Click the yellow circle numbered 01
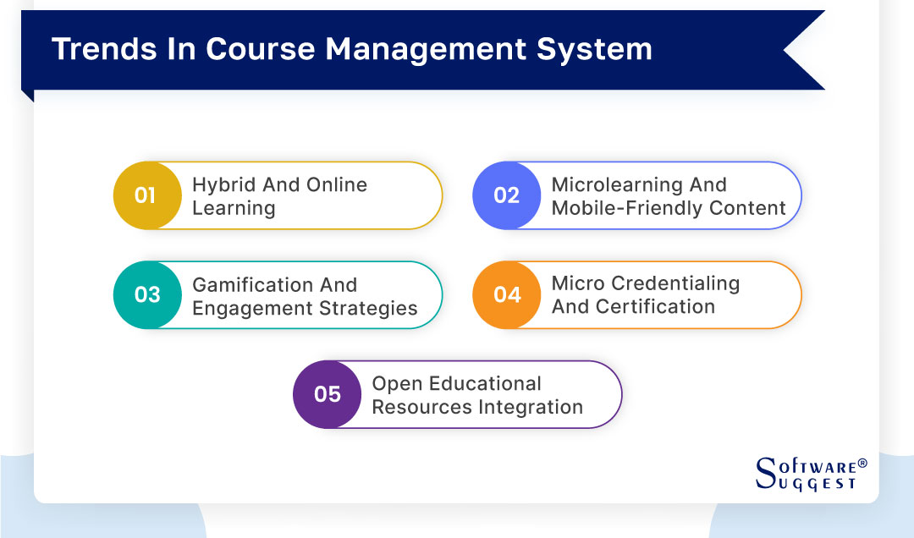[x=146, y=195]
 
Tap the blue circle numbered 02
[x=506, y=195]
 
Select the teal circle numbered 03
[x=146, y=294]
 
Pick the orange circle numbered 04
[x=506, y=294]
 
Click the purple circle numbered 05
[x=327, y=394]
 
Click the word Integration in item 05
[x=531, y=407]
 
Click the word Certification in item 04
[x=659, y=306]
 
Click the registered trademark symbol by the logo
[x=862, y=464]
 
